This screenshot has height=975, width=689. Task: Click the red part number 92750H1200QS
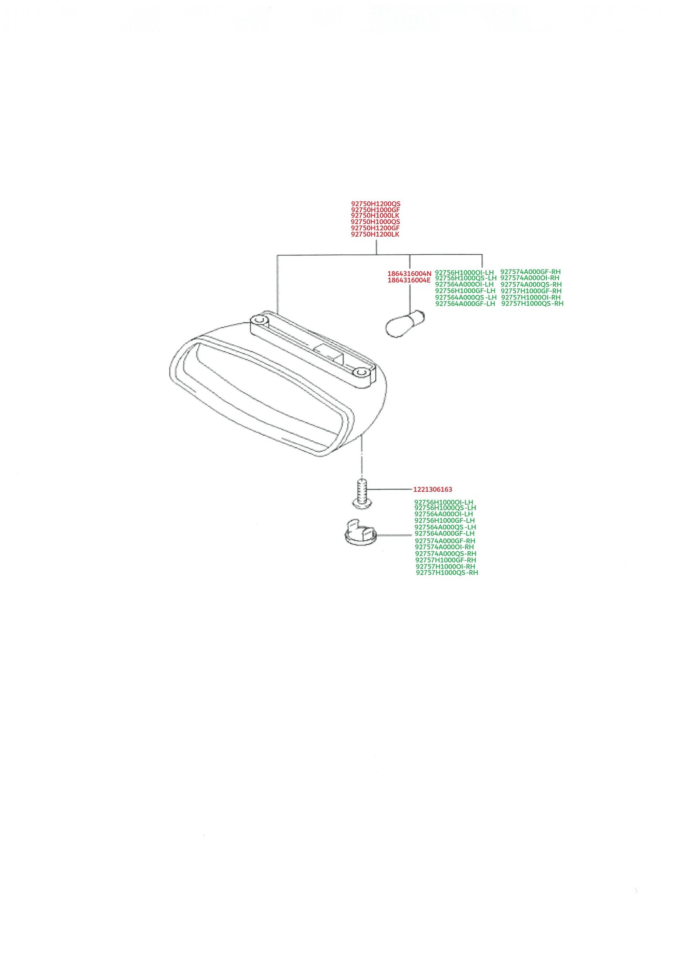[x=376, y=204]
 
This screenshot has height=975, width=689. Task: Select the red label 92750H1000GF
[x=375, y=210]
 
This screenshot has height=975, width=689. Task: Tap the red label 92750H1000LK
[x=375, y=216]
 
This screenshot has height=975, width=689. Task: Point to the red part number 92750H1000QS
[x=375, y=222]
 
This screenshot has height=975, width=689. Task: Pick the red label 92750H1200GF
[x=375, y=228]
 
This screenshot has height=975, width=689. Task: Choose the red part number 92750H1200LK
[x=375, y=234]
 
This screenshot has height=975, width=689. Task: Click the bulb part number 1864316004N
[x=409, y=274]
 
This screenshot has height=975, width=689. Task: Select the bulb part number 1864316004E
[x=409, y=280]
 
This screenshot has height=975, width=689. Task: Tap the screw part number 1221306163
[x=433, y=489]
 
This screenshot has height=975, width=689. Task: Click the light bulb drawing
[x=405, y=323]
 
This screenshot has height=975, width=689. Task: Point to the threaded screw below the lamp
[x=362, y=493]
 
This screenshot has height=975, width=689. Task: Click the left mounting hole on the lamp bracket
[x=259, y=319]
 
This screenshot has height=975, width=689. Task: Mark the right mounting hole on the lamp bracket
[x=362, y=371]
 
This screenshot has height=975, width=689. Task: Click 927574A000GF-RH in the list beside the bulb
[x=531, y=272]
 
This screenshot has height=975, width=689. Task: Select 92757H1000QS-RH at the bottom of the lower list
[x=447, y=573]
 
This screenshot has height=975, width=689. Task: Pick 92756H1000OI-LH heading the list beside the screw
[x=444, y=502]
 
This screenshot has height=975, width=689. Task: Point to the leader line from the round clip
[x=394, y=535]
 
